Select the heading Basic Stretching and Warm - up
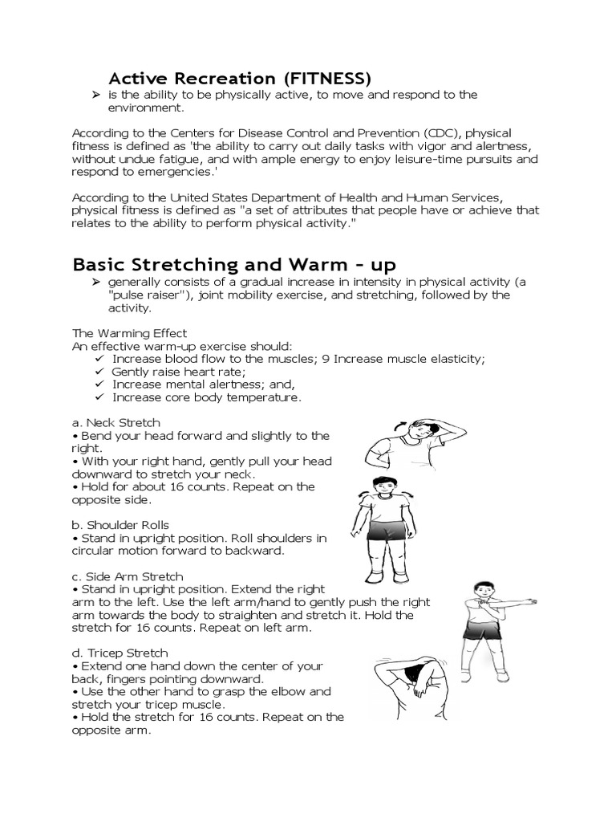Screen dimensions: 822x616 click(234, 264)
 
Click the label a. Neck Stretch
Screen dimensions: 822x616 click(116, 422)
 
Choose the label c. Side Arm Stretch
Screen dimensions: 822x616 click(128, 576)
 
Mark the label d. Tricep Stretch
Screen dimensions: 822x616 click(120, 653)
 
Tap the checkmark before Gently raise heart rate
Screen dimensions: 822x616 click(99, 372)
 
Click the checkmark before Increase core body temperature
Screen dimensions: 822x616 click(99, 397)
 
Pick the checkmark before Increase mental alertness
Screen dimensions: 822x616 click(99, 385)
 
